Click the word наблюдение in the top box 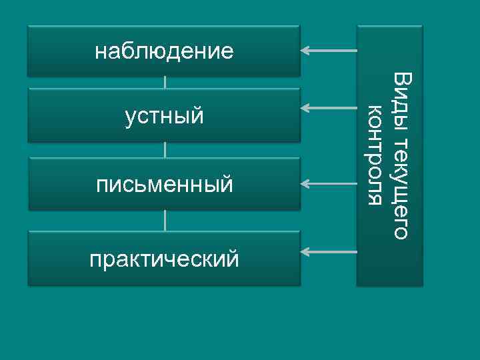[x=164, y=51]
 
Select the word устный [x=164, y=117]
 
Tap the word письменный [x=164, y=183]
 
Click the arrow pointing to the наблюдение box [x=329, y=50]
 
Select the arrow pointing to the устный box [x=329, y=107]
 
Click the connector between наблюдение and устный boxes [x=165, y=82]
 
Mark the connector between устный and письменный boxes [x=165, y=150]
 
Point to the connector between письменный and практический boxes [x=165, y=221]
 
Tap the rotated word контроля [x=376, y=155]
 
